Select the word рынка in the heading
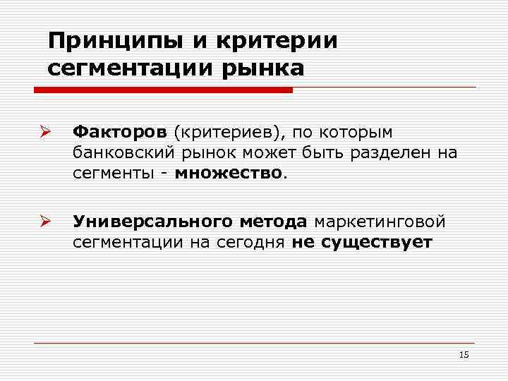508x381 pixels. (265, 69)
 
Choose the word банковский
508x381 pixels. (121, 152)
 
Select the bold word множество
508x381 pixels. (229, 172)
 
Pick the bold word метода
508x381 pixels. (271, 223)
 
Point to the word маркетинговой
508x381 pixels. (380, 223)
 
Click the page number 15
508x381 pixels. (464, 355)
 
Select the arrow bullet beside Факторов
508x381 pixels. (43, 132)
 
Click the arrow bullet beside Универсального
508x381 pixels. (43, 223)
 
